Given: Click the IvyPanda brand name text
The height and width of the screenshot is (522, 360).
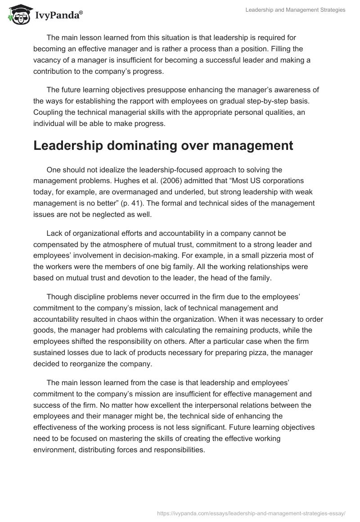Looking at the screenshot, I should coord(58,15).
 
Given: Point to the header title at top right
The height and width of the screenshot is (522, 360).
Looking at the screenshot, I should coord(295,10).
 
